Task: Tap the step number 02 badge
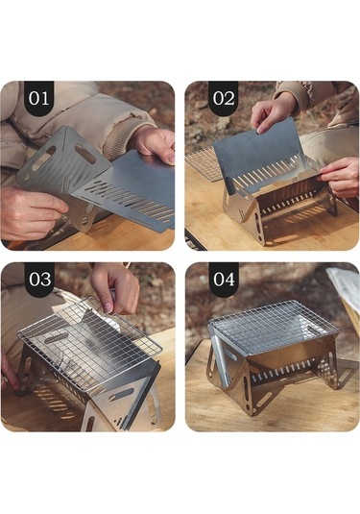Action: pyautogui.click(x=223, y=98)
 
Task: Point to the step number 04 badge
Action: pyautogui.click(x=223, y=280)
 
